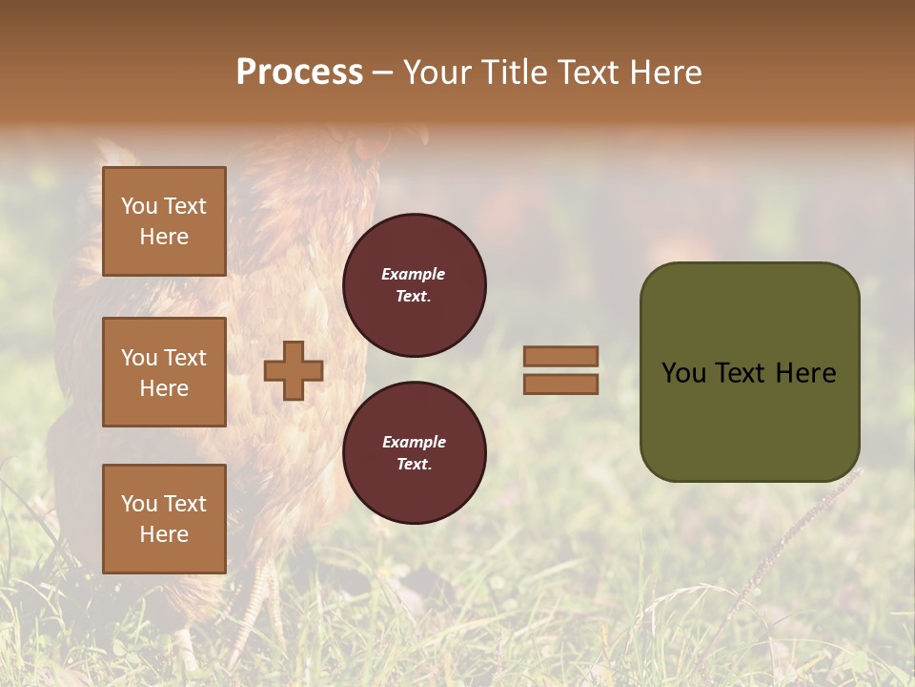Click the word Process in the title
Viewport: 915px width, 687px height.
(x=299, y=73)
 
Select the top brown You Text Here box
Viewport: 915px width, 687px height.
(x=164, y=221)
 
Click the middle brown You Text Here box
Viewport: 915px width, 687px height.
(x=164, y=372)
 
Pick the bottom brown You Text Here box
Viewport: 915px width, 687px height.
(x=164, y=519)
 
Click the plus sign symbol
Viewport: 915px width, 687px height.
(x=294, y=370)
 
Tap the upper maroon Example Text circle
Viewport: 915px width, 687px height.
(x=415, y=285)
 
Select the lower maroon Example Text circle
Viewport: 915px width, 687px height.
(x=415, y=453)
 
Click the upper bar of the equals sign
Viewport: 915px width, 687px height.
(x=560, y=357)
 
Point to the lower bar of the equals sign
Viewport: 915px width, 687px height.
(x=560, y=384)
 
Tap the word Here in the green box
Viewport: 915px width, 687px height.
(x=805, y=373)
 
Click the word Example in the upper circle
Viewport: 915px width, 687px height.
(x=414, y=274)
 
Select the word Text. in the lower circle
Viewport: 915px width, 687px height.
(x=414, y=465)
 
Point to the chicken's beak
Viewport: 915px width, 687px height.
(x=420, y=136)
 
